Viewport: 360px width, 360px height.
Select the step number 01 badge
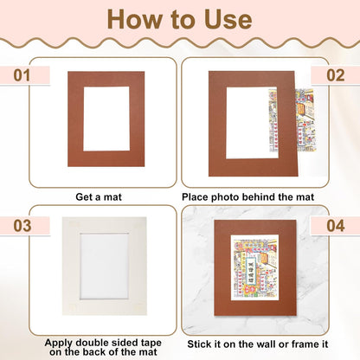coord(20,75)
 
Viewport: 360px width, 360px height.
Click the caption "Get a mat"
coord(99,196)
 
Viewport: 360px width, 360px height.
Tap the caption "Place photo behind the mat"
coord(247,196)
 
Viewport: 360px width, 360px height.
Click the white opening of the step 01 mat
coord(106,119)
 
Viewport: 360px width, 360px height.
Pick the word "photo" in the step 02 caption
coord(226,196)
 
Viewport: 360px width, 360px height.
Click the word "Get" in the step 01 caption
coord(85,196)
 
